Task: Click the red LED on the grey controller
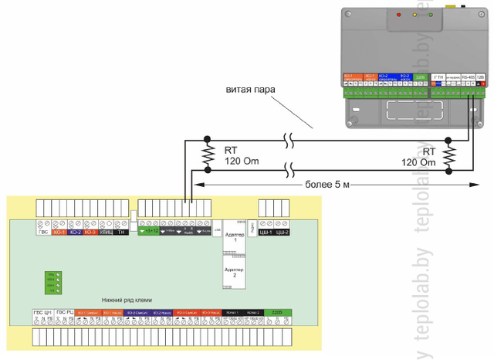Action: coord(398,15)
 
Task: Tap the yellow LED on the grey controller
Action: coord(415,15)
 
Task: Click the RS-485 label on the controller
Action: coord(468,77)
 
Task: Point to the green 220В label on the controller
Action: coord(420,77)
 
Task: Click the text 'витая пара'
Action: coord(248,90)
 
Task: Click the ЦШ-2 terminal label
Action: coord(283,231)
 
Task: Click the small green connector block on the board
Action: coord(50,281)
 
